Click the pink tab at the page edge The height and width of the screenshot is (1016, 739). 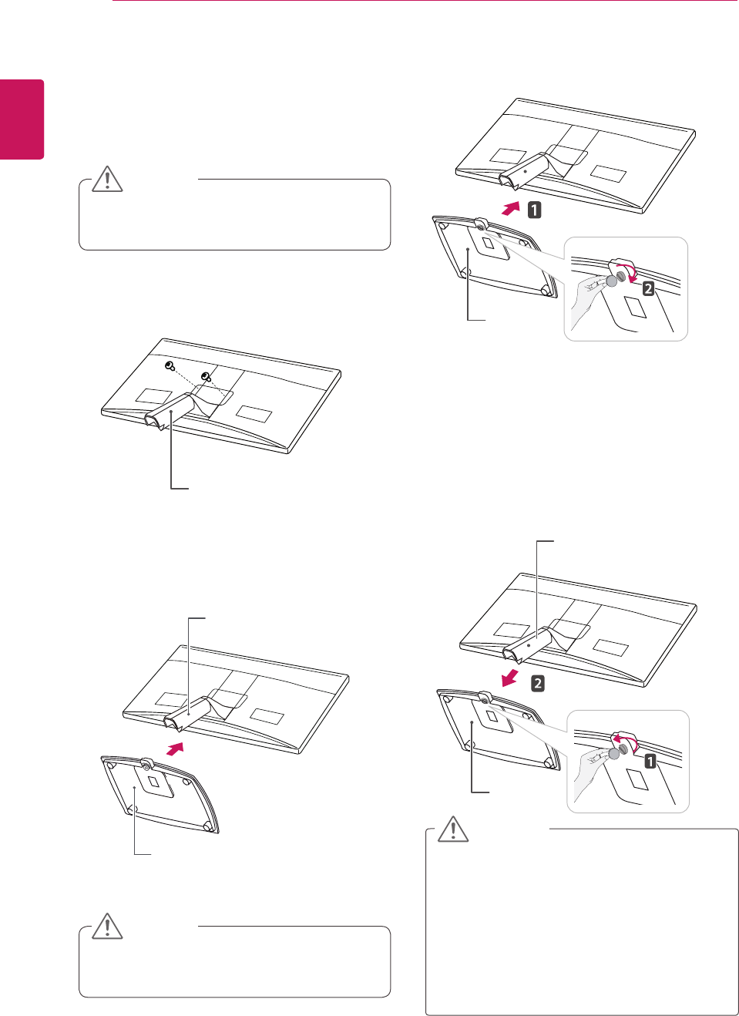pos(22,119)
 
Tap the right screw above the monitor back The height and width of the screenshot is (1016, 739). pos(206,376)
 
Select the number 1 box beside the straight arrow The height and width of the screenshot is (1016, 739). pos(533,209)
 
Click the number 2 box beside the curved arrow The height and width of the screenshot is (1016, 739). pos(648,288)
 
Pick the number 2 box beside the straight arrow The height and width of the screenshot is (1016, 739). pos(537,683)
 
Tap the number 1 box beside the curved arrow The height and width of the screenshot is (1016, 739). pos(650,762)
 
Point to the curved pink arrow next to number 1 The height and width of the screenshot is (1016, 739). pos(625,740)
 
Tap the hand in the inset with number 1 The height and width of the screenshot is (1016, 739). pos(590,771)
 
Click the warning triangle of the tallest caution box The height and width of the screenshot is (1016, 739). pos(453,829)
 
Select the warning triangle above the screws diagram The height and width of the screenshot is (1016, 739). pos(108,179)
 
